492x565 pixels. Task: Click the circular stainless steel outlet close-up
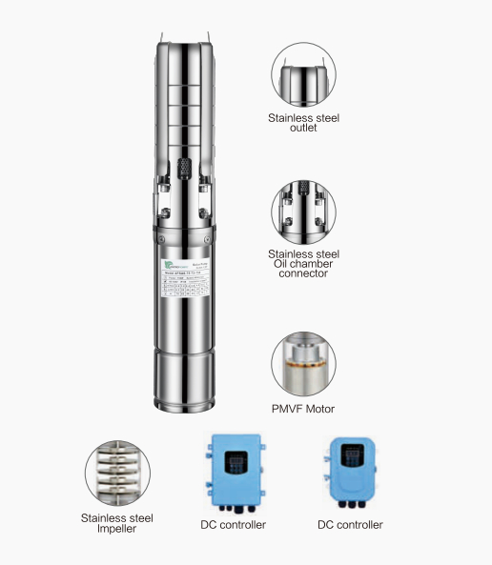(x=302, y=77)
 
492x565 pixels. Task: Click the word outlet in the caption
(x=303, y=128)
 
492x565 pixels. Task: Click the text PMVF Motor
(x=303, y=410)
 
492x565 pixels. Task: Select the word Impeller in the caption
(x=117, y=529)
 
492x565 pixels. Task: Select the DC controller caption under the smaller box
(x=350, y=525)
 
